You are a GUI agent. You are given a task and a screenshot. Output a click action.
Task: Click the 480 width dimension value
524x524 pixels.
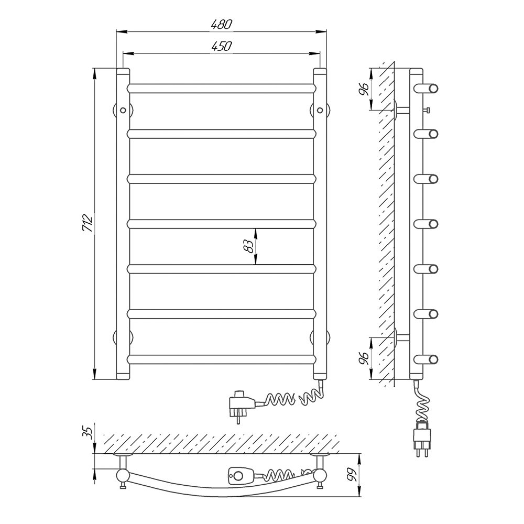point(221,25)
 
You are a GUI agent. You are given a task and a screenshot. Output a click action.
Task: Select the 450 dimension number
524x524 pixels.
point(221,46)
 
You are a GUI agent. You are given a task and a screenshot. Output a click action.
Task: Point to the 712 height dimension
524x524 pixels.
point(87,223)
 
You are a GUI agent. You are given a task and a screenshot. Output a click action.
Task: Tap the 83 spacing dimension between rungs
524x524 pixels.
point(248,246)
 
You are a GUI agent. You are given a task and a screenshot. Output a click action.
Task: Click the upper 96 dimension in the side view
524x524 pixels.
point(364,89)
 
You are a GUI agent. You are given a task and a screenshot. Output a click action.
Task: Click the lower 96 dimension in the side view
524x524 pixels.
point(364,358)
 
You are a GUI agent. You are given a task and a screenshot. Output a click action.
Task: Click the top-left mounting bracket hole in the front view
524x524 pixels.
point(123,110)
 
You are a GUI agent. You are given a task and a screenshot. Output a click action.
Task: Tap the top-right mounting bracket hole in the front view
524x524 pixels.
point(320,110)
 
